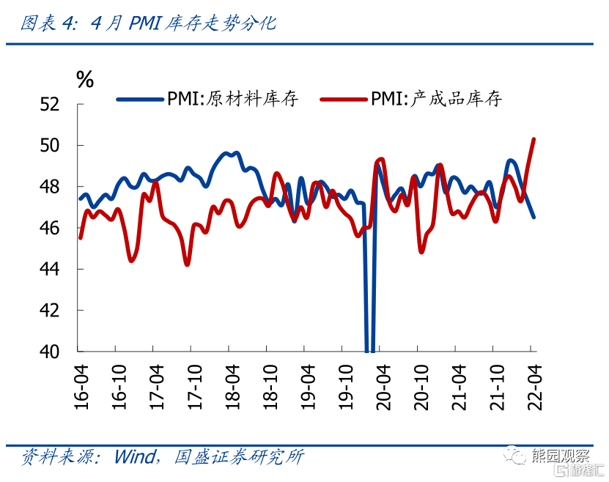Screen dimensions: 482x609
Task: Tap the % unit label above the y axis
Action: pos(85,80)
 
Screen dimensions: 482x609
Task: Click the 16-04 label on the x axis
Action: pos(81,386)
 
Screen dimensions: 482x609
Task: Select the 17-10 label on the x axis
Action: pos(194,386)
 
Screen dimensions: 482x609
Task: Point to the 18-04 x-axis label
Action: pos(232,386)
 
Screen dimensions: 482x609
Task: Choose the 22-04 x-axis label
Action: pos(534,386)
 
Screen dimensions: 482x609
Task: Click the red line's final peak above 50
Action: pos(534,139)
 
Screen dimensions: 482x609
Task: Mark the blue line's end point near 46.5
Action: pos(534,217)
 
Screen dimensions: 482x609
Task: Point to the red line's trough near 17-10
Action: pos(188,264)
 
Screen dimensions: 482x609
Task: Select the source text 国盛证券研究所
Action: pos(239,458)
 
